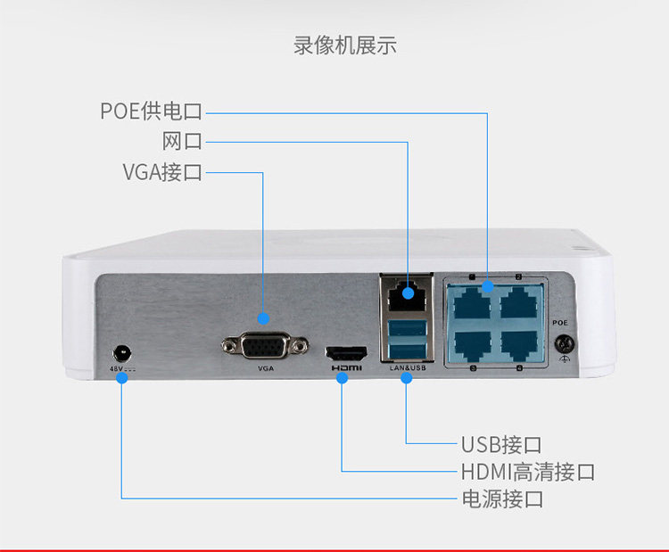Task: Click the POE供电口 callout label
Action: (152, 111)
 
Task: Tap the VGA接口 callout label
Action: (162, 172)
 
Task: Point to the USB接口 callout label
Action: (501, 444)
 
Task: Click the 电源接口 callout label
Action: (501, 499)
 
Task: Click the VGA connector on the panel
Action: (264, 345)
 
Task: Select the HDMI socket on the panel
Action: (346, 351)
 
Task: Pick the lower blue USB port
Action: (407, 349)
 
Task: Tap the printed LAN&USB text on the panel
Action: (409, 367)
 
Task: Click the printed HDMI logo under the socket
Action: (346, 367)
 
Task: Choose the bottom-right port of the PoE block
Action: (519, 343)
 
